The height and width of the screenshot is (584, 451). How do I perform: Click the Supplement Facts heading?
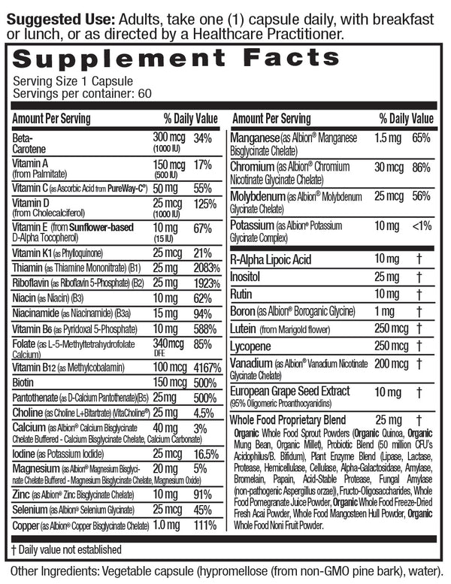(x=177, y=59)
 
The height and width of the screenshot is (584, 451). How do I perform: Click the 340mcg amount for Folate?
(x=169, y=343)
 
